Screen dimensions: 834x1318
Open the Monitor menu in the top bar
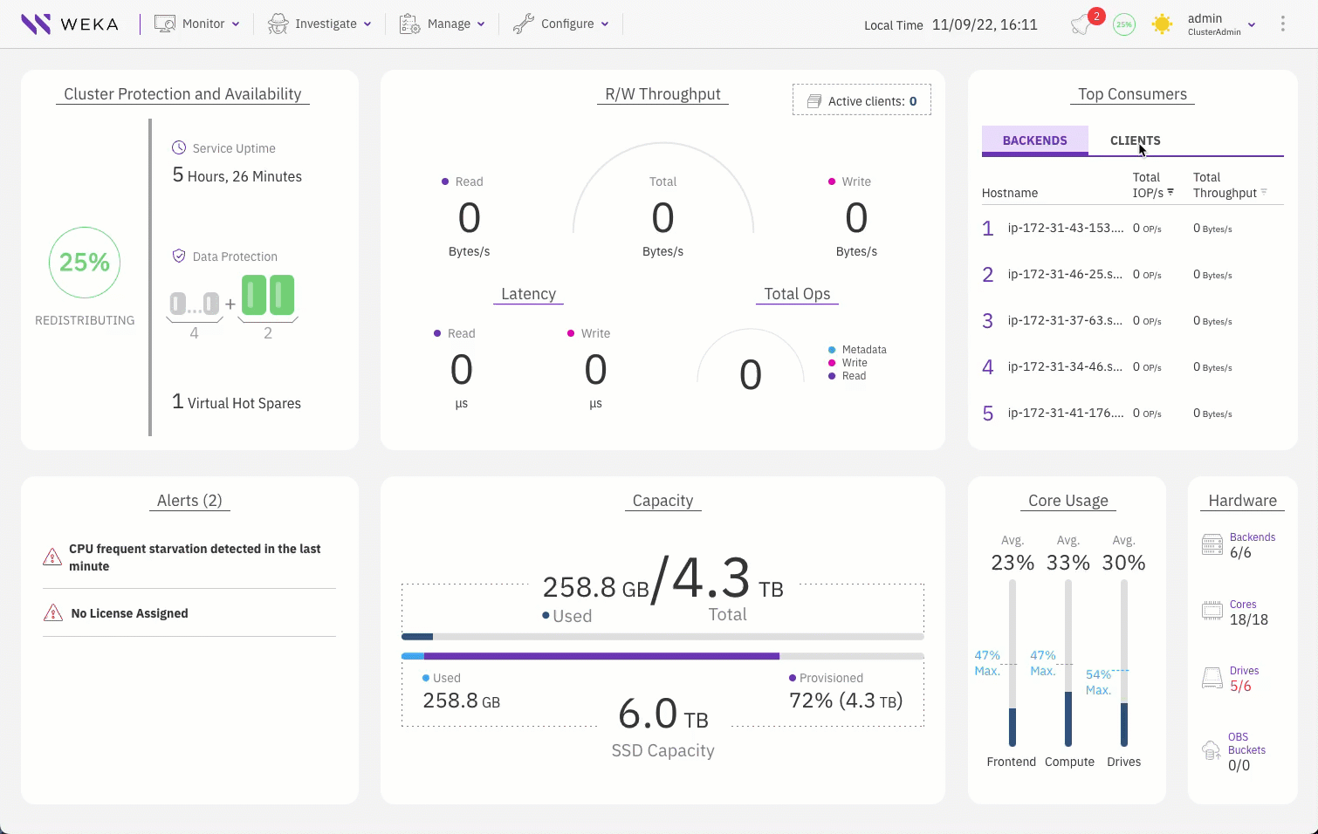197,24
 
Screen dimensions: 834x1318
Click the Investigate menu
319,24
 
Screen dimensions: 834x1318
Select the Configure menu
561,24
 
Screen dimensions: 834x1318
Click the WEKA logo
70,24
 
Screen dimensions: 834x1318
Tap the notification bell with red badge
1082,24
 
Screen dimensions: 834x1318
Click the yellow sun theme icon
1162,24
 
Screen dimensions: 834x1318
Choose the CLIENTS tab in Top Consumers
1135,140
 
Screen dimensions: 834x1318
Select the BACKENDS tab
1034,140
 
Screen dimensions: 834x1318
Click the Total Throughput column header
1225,185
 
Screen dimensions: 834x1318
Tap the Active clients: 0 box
862,100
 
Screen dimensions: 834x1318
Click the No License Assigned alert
129,613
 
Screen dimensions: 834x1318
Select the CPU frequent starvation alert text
195,557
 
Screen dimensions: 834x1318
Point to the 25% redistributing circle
85,263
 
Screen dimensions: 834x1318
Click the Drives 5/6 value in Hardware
1240,687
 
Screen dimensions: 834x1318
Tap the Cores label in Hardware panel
1243,605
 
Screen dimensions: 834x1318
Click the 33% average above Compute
1068,563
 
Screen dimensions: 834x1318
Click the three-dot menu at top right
1282,24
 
